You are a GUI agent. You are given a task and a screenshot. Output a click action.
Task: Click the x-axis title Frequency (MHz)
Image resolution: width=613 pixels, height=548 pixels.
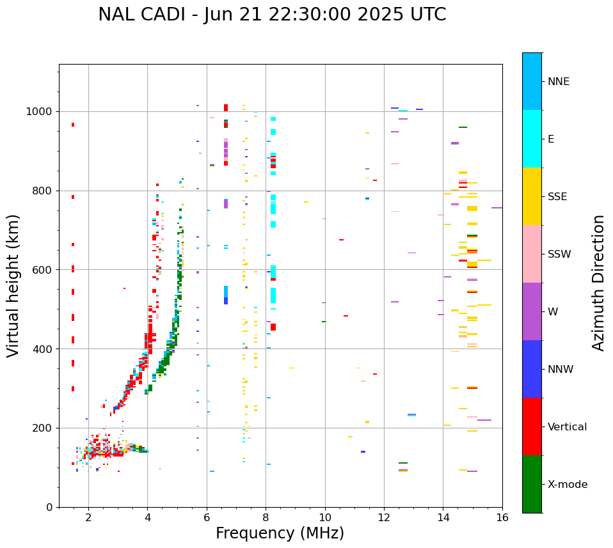pos(280,533)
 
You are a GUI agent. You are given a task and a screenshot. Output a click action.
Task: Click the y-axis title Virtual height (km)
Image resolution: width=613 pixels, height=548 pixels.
pos(13,286)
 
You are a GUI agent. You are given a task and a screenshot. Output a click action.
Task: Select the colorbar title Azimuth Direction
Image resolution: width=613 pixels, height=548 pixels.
pos(598,283)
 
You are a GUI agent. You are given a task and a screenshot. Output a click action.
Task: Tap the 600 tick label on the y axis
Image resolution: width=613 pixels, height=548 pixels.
pos(42,270)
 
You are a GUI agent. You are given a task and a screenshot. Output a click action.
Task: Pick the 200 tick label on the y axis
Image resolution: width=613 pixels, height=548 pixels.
pos(42,428)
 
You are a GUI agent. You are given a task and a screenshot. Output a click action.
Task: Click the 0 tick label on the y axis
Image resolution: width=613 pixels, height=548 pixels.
pos(49,507)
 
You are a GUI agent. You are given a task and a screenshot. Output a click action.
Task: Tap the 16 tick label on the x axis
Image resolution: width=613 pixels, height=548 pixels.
pos(502,517)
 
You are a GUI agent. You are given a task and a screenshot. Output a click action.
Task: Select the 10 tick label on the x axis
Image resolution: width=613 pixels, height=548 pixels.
pos(324,517)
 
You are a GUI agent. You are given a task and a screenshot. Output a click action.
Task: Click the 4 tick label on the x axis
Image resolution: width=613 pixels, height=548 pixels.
pos(147,517)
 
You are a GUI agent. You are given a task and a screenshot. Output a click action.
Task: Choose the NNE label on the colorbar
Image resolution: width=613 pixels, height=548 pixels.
pos(558,82)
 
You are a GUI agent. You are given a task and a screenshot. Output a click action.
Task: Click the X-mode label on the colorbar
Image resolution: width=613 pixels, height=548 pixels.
pos(567,485)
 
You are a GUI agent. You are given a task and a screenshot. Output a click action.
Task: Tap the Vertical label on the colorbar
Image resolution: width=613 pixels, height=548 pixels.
pos(567,427)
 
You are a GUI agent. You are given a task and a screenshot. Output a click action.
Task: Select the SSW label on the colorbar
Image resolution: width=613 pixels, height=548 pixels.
pos(559,254)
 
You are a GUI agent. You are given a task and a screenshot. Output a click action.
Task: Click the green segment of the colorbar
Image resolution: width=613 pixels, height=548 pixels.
pos(532,484)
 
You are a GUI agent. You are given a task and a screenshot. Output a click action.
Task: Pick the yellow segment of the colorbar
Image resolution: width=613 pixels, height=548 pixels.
pos(532,196)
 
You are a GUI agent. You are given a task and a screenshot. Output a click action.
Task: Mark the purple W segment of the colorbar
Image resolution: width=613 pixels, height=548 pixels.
pos(532,311)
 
